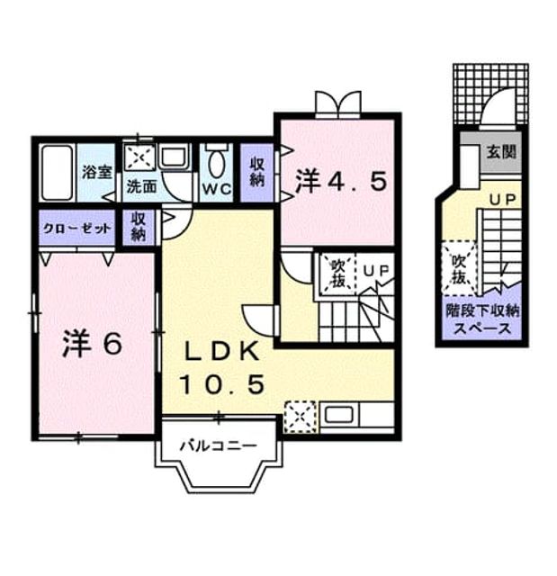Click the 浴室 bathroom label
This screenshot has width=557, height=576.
[x=97, y=172]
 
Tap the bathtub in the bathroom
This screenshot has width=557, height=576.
[x=57, y=173]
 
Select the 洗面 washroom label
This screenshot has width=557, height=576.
[x=142, y=186]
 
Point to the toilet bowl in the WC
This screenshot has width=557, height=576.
[x=217, y=164]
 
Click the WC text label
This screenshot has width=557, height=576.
[x=217, y=189]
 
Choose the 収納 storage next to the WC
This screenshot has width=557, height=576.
[x=257, y=172]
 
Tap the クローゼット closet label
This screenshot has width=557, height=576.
[x=76, y=229]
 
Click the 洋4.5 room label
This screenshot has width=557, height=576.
[x=341, y=182]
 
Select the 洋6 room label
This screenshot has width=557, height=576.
[x=92, y=344]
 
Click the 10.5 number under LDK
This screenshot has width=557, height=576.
[x=222, y=384]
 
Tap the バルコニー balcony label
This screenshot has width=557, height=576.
[x=219, y=446]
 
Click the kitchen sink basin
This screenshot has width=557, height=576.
[x=339, y=415]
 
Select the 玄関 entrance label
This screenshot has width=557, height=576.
[x=501, y=151]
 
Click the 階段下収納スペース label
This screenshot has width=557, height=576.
[x=482, y=319]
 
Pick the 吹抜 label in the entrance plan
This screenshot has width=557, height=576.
[x=459, y=269]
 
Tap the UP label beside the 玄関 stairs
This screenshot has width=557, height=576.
[x=503, y=200]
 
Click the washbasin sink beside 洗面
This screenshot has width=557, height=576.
[x=175, y=157]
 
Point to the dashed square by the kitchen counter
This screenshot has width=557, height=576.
[x=301, y=417]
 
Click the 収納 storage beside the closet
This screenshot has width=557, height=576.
[x=139, y=227]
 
